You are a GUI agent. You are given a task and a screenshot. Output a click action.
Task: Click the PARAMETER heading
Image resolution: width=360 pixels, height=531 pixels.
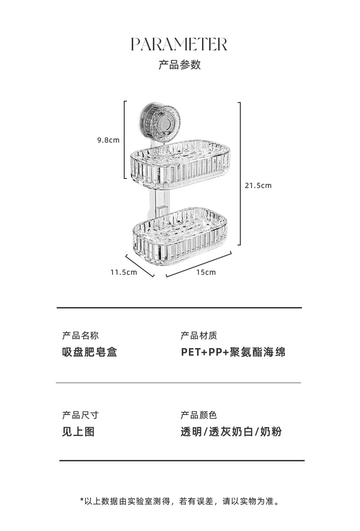(179, 45)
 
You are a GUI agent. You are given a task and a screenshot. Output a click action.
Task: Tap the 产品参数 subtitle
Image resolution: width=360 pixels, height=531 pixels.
(179, 65)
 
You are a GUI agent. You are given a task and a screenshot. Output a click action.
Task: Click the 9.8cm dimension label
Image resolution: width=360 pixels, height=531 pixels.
(108, 140)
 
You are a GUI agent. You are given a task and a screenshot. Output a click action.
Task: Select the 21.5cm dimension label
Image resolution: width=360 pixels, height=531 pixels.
(258, 185)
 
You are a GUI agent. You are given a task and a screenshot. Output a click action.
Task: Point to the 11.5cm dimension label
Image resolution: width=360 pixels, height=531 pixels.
(124, 272)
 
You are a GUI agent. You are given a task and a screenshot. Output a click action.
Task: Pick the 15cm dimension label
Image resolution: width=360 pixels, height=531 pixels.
(206, 272)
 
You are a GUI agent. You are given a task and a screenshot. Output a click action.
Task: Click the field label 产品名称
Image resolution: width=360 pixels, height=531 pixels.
(80, 335)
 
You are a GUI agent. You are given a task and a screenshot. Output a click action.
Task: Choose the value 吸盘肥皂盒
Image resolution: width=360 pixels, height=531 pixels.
(89, 352)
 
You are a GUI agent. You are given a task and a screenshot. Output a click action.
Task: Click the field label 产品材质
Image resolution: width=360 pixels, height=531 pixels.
(198, 335)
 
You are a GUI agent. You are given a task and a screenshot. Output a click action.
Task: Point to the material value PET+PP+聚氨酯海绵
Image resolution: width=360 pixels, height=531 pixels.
(233, 352)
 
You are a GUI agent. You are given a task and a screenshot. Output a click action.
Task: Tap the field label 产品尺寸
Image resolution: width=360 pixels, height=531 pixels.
(80, 415)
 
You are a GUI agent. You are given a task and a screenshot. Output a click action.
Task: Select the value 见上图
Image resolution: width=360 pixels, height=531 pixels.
(78, 432)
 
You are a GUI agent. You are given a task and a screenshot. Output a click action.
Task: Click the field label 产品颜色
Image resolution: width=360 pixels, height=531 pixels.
(198, 415)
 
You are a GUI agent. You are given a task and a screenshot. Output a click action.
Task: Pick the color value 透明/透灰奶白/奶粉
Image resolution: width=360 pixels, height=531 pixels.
(231, 432)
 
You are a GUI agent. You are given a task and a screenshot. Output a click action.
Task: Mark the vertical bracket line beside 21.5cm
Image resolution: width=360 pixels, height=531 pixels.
(240, 174)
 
